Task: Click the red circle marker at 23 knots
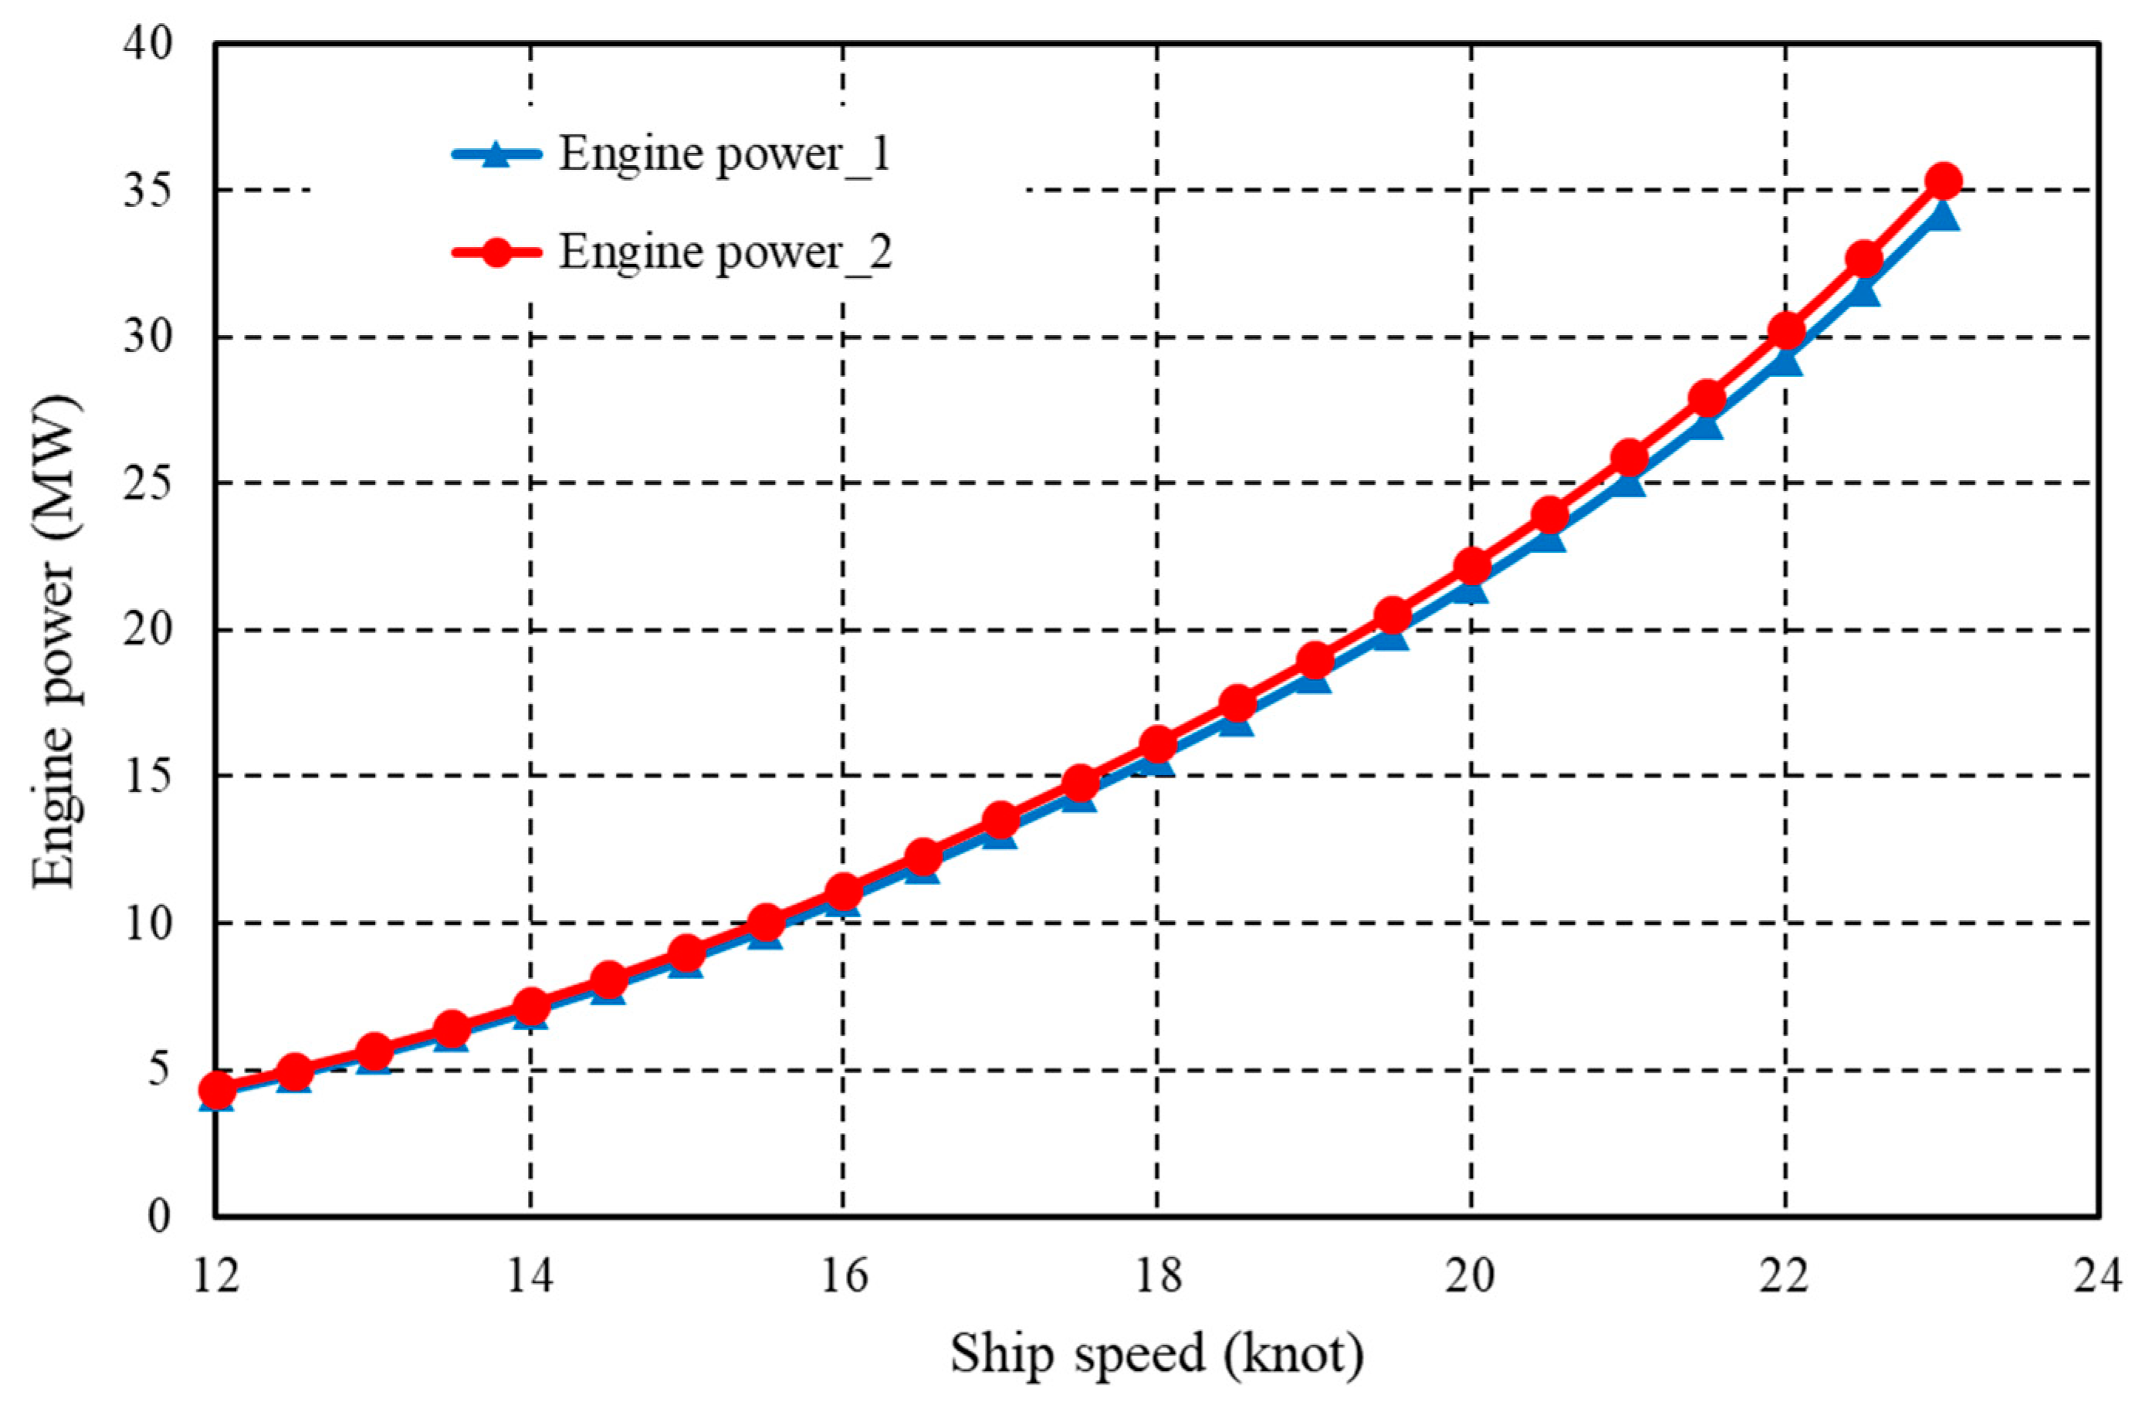1943,181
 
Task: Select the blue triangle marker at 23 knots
1943,215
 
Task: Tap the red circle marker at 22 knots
1786,330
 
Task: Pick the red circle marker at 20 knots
1472,566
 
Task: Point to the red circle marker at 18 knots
1159,744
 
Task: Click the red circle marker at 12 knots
217,1090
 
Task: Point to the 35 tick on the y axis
147,191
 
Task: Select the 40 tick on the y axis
147,43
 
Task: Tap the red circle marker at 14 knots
531,1005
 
